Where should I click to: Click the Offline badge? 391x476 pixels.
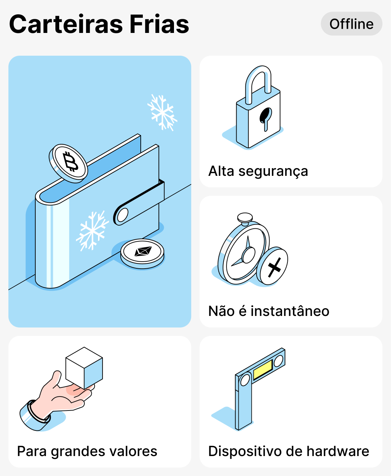coord(351,24)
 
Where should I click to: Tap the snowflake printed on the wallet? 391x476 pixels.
coord(92,230)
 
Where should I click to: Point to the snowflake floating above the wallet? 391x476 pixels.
coord(162,112)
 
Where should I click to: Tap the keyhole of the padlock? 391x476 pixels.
coord(265,117)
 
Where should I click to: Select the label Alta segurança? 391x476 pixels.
coord(258,171)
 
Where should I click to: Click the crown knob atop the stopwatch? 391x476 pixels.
coord(245,218)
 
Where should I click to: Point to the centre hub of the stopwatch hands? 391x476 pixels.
coord(249,255)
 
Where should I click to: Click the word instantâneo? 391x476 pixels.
coord(290,311)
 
